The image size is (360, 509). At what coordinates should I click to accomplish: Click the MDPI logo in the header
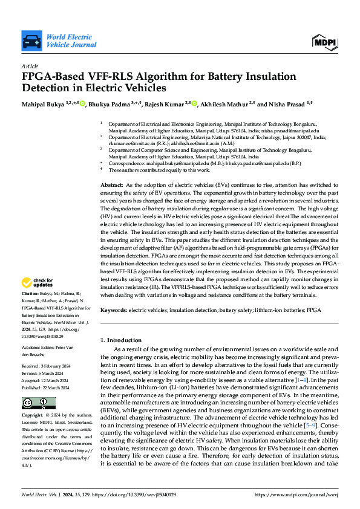click(324, 42)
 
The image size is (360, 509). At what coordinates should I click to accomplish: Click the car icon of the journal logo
click(31, 42)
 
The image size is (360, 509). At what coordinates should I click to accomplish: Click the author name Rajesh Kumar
click(166, 104)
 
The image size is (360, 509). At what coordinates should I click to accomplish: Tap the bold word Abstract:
click(111, 184)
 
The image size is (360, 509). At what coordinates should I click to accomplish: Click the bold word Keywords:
click(114, 310)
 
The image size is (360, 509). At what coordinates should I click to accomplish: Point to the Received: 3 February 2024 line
click(48, 366)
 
